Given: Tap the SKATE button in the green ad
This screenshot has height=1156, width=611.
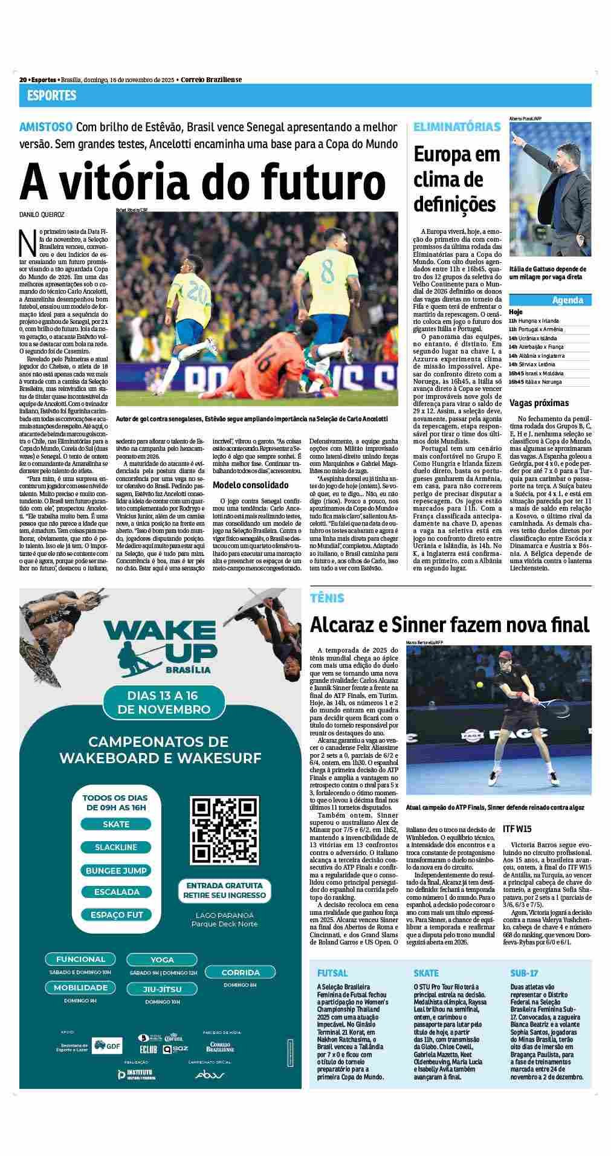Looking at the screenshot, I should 116,824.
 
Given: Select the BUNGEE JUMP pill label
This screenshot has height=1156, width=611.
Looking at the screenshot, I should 116,870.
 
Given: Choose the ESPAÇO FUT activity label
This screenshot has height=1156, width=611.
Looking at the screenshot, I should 116,915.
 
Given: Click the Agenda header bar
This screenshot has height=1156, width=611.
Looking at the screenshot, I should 550,300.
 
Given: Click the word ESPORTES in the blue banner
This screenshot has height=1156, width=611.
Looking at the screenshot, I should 51,95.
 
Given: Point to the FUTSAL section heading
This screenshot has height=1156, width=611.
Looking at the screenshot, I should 332,990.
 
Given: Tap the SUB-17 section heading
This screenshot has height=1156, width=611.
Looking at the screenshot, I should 524,990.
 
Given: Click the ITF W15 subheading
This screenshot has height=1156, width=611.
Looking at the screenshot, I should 517,828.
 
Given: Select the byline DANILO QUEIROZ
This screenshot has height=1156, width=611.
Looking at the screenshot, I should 42,215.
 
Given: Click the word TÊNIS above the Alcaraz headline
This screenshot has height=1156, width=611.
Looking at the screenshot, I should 327,598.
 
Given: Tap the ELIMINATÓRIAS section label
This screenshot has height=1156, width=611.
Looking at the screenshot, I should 457,127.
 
